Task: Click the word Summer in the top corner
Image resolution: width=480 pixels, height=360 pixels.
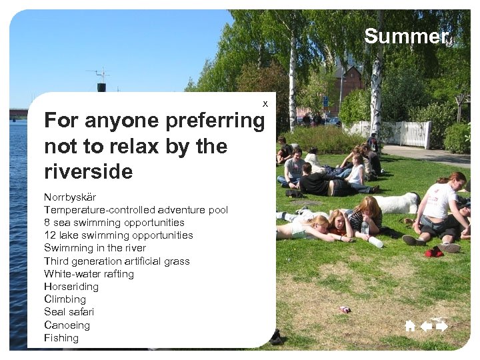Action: coord(406,37)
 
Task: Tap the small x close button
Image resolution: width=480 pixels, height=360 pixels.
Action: coord(265,104)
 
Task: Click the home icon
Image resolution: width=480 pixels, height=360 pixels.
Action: coord(410,326)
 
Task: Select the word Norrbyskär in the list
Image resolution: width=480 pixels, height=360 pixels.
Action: coord(70,197)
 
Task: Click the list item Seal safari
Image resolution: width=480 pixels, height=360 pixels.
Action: coord(69,312)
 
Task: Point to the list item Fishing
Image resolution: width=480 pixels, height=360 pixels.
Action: coord(61,338)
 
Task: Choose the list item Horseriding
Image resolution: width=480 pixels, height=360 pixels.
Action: coord(71,287)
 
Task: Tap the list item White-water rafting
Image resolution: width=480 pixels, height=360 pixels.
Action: coord(89,274)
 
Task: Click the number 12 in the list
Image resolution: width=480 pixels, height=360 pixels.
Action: coord(49,235)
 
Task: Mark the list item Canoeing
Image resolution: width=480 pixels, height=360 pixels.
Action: coord(67,325)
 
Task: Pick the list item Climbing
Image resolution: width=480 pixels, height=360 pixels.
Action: coord(65,299)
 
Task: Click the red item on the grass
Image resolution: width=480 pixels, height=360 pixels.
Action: coord(434,252)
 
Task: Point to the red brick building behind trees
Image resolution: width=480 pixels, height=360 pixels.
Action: coord(351,80)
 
